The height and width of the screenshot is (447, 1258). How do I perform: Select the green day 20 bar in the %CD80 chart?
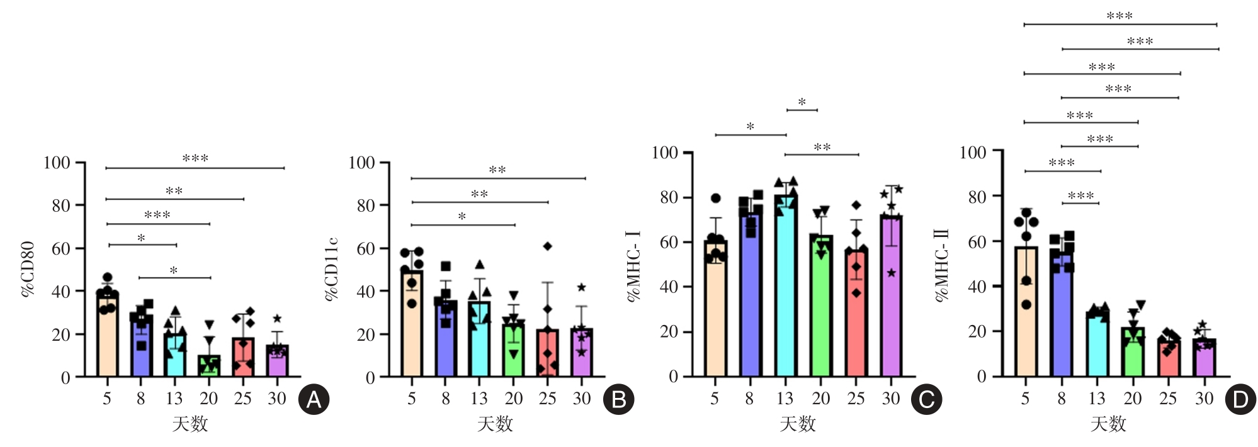click(x=209, y=366)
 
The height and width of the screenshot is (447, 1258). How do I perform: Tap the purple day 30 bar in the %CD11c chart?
click(x=582, y=353)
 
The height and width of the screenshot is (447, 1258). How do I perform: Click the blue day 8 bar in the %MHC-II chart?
click(x=1062, y=314)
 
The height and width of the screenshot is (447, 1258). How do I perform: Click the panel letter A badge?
click(x=314, y=400)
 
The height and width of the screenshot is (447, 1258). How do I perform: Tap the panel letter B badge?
click(x=618, y=400)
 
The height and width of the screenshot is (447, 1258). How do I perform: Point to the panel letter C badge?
click(x=926, y=400)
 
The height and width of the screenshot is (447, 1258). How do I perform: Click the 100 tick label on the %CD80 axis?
click(x=57, y=163)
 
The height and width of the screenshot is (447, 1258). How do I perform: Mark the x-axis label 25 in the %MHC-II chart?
click(x=1168, y=399)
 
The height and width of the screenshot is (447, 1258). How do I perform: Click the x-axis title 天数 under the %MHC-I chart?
click(x=798, y=424)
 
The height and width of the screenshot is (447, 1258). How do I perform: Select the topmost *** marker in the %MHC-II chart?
click(x=1119, y=16)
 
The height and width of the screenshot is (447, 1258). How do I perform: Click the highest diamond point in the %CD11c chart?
click(x=548, y=246)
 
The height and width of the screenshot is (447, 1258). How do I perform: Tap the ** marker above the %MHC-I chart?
click(x=822, y=148)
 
